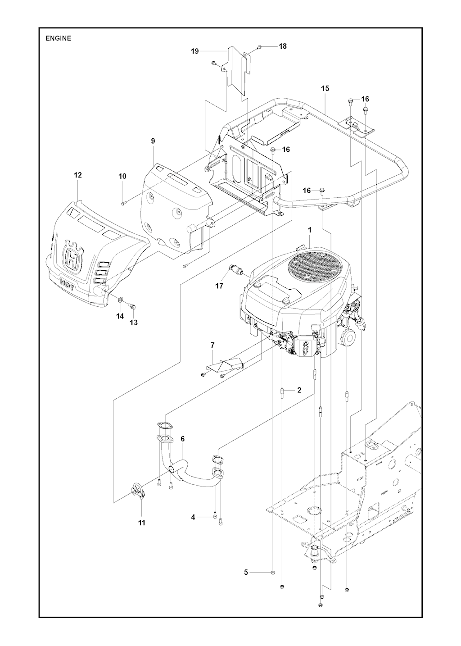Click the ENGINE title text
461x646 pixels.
pyautogui.click(x=58, y=38)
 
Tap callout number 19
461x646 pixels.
pyautogui.click(x=195, y=51)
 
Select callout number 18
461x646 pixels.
pyautogui.click(x=283, y=46)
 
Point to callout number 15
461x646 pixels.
pyautogui.click(x=325, y=89)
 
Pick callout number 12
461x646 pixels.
pyautogui.click(x=78, y=175)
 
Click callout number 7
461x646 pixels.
pyautogui.click(x=212, y=345)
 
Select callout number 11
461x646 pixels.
pyautogui.click(x=141, y=523)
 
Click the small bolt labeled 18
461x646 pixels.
pyautogui.click(x=259, y=47)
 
